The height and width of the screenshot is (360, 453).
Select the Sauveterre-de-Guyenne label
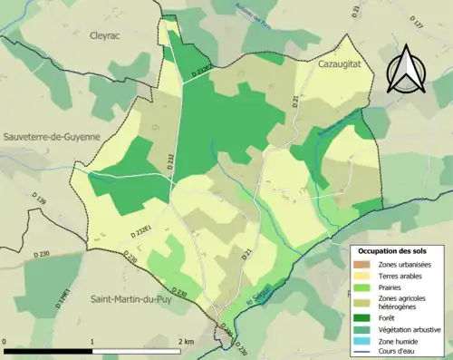[x=53, y=136]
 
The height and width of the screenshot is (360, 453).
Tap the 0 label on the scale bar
[x=5, y=341]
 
